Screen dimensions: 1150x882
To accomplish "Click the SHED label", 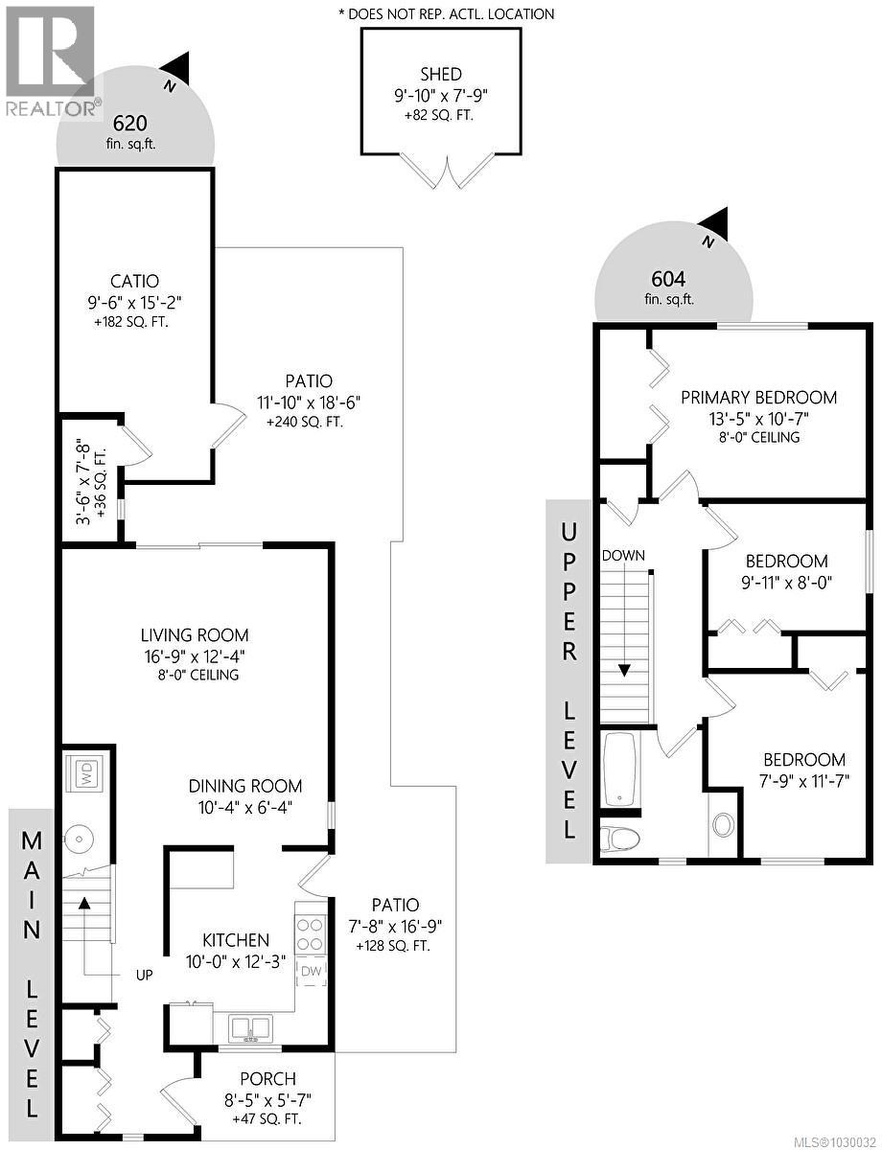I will coord(440,75).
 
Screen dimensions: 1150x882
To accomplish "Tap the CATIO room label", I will coord(134,282).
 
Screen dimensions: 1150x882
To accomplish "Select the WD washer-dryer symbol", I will coord(87,775).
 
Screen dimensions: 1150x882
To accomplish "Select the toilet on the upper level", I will coord(619,839).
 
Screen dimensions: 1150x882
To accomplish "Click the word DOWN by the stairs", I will coord(624,556).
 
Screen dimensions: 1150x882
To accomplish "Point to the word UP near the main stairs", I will coord(145,975).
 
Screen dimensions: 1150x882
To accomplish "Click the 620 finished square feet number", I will coord(129,123).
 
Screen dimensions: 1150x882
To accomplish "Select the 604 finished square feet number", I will coord(668,279).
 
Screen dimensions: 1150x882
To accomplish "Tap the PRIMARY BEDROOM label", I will coord(758,398).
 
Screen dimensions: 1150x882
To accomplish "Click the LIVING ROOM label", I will coord(195,634).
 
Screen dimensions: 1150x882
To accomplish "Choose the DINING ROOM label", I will coord(244,786).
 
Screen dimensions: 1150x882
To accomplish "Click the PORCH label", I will coord(267,1079).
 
